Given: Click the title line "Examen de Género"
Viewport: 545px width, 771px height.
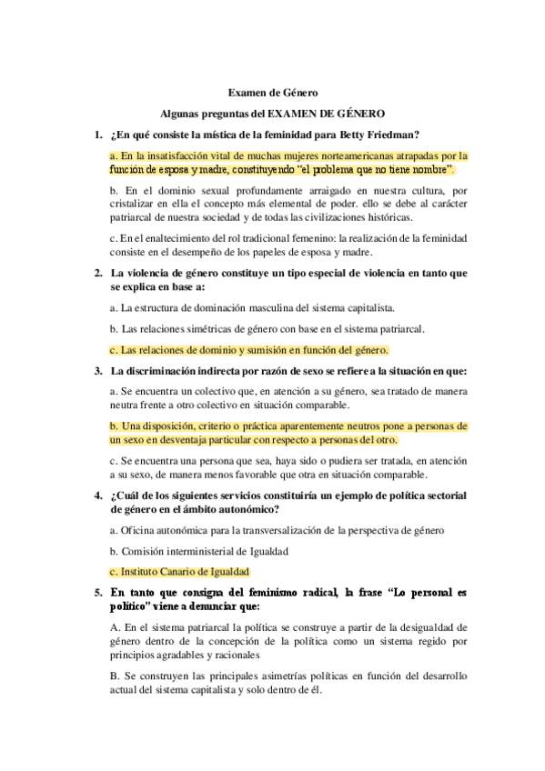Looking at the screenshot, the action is point(273,92).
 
